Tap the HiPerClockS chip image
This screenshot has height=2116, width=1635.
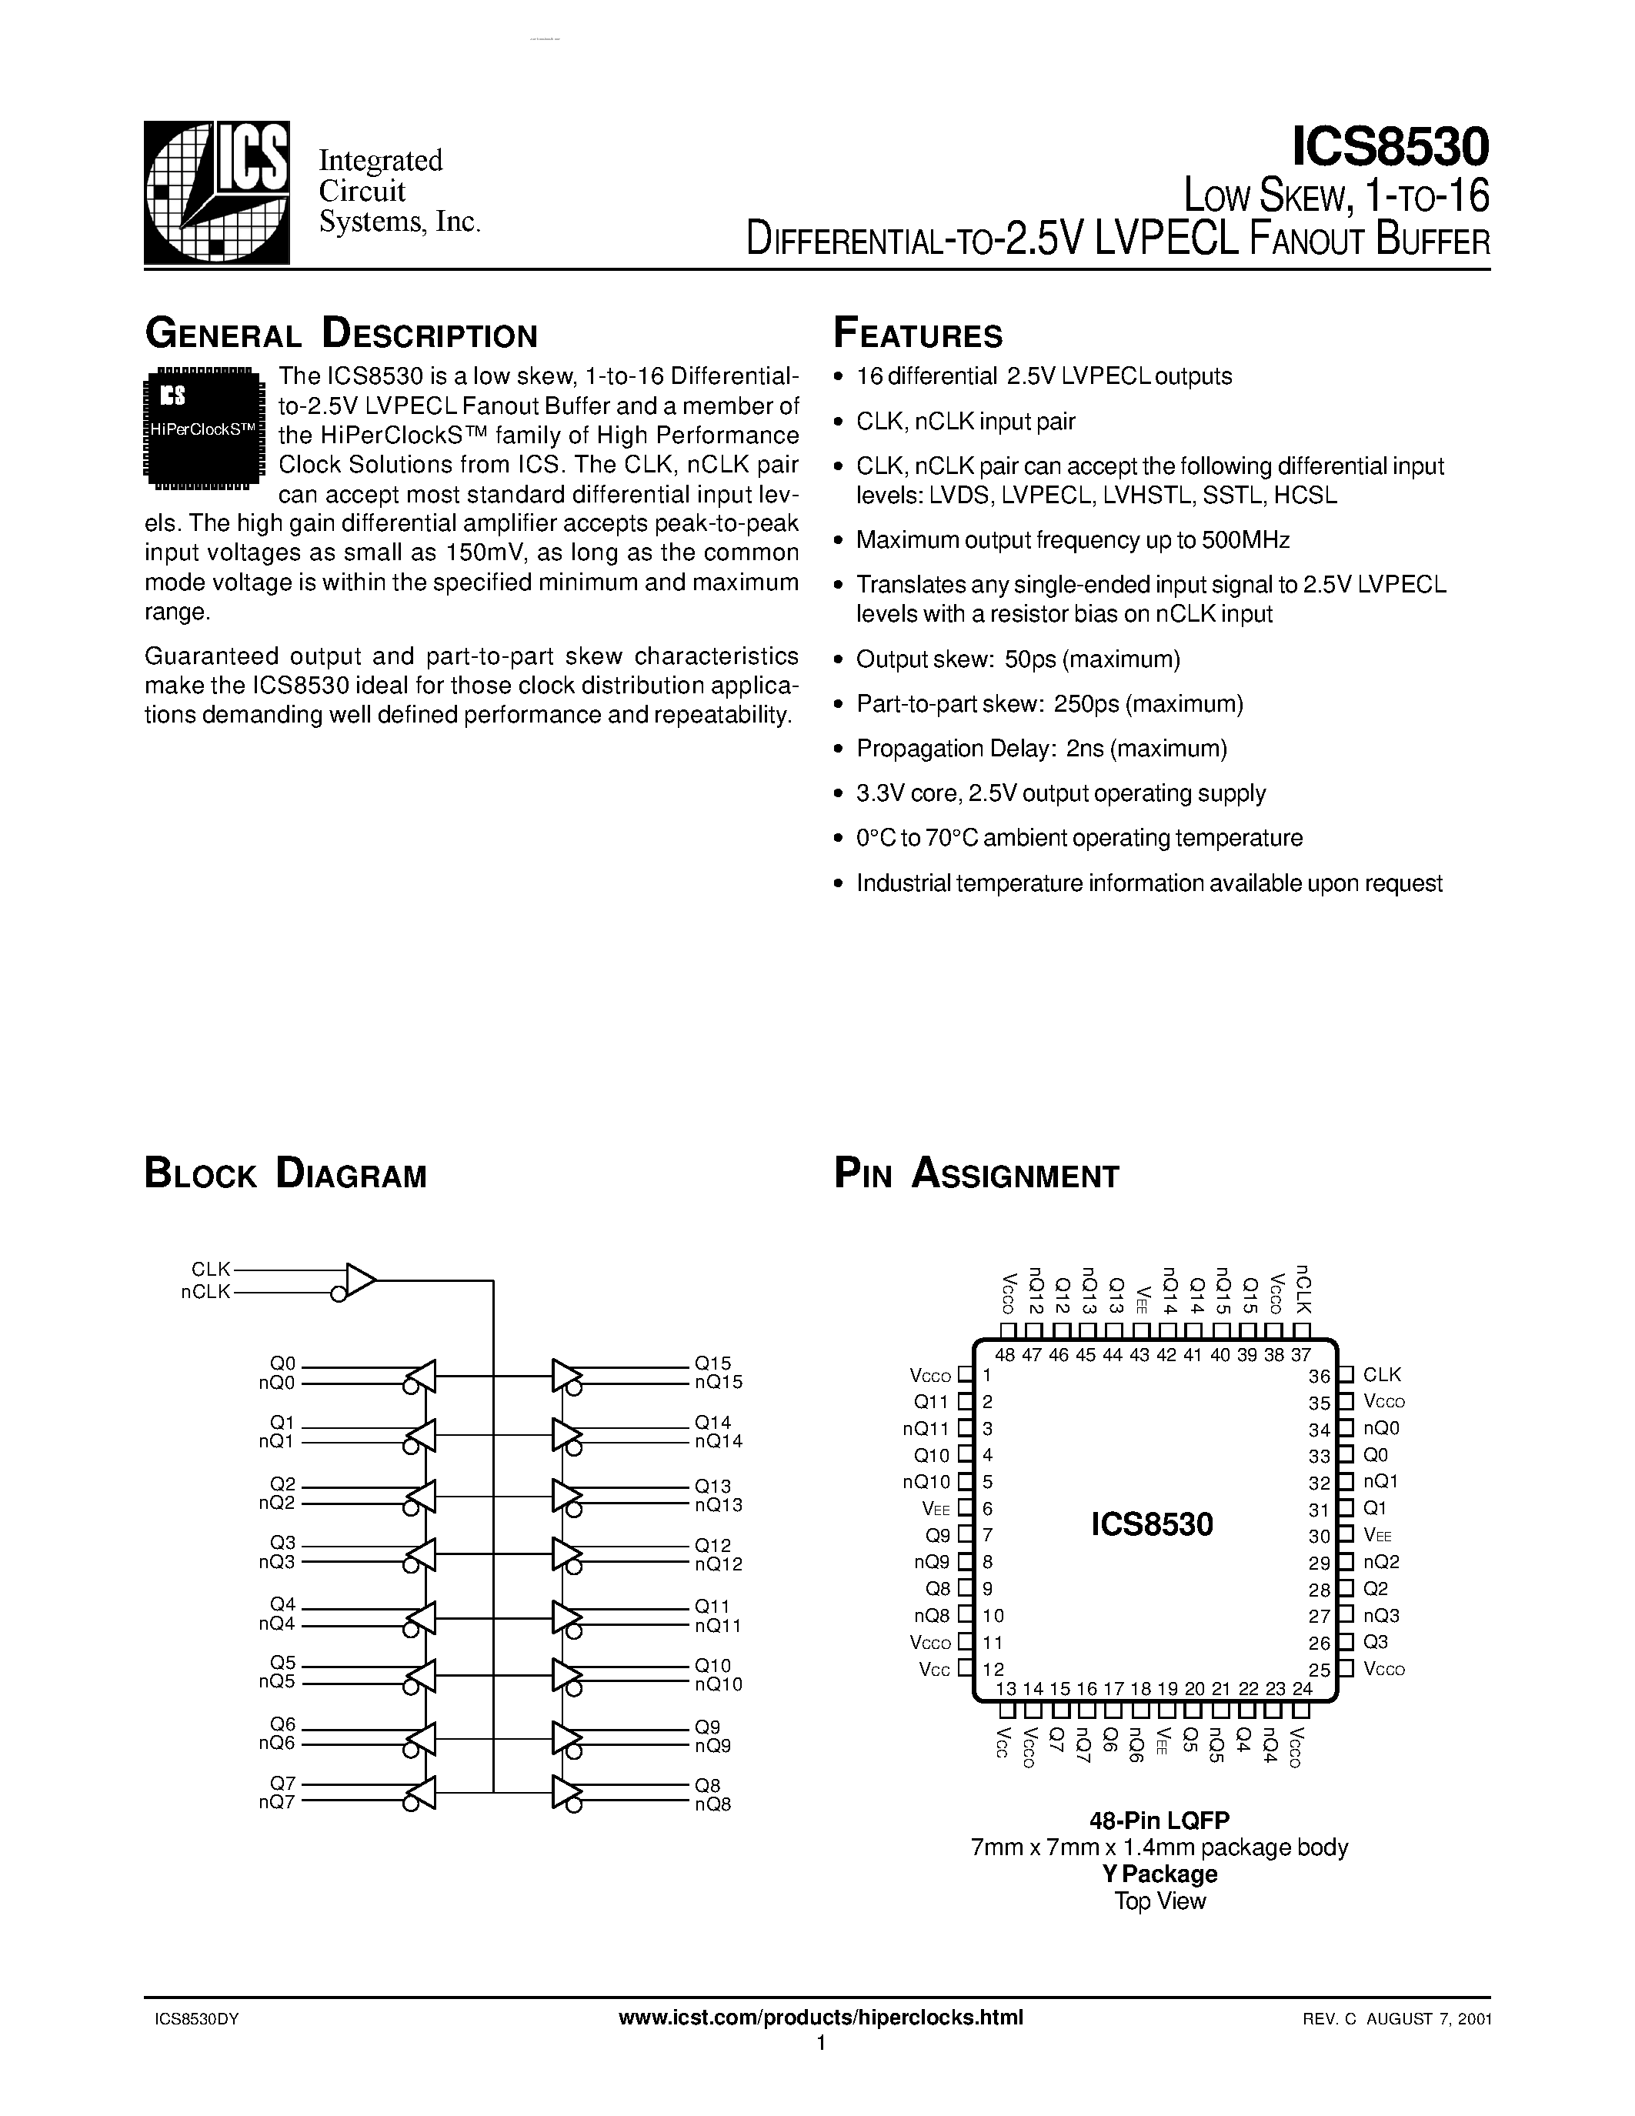tap(203, 425)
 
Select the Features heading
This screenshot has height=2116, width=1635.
tap(917, 335)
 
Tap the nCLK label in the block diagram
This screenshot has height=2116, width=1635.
tap(205, 1291)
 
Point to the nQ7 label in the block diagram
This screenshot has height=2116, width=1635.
tap(276, 1802)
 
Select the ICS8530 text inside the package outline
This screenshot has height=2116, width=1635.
tap(1152, 1525)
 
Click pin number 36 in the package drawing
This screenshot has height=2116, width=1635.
tap(1320, 1376)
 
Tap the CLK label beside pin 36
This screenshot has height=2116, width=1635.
tap(1381, 1375)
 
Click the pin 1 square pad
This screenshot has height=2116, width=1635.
tap(965, 1375)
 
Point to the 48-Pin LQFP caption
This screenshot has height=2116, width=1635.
tap(1159, 1821)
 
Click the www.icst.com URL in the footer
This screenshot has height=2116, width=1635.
tap(819, 2018)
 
